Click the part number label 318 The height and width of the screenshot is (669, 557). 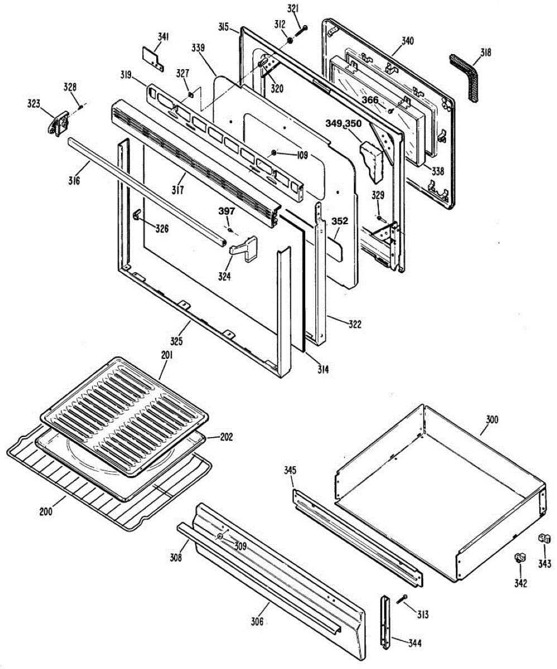tap(485, 53)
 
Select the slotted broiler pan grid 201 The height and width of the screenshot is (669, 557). tap(124, 415)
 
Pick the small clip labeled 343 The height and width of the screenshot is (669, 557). tap(544, 539)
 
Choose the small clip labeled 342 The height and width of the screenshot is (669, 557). tap(520, 557)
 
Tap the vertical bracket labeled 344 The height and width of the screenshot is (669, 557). tap(385, 622)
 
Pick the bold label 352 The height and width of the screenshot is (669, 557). tap(340, 221)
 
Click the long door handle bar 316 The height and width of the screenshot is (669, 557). tap(145, 190)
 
